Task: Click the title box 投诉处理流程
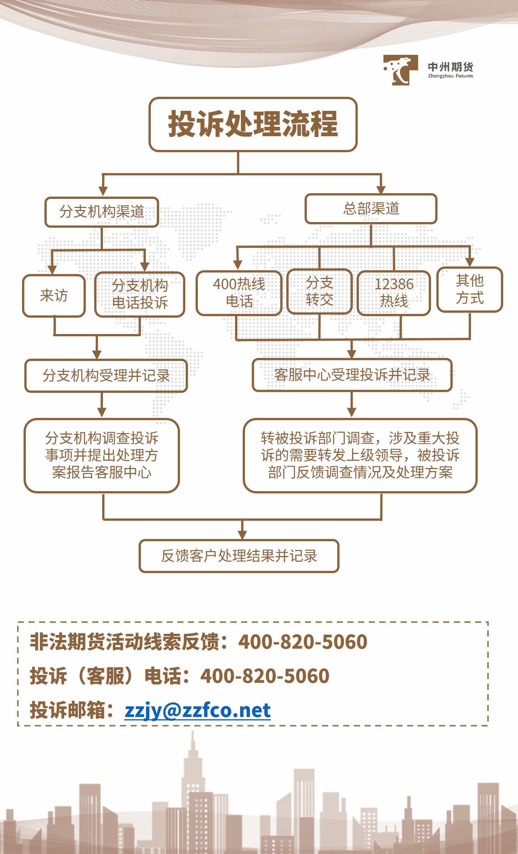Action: click(x=253, y=124)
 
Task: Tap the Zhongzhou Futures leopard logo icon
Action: click(x=400, y=70)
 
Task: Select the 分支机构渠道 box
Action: click(x=101, y=212)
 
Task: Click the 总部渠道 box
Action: click(x=371, y=209)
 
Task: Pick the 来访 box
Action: click(x=54, y=296)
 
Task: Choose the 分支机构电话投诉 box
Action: click(x=140, y=294)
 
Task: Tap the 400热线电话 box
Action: click(x=239, y=293)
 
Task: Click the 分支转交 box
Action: click(x=320, y=291)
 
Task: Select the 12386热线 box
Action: click(x=394, y=293)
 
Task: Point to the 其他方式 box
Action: click(x=470, y=289)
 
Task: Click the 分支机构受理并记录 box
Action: click(x=106, y=376)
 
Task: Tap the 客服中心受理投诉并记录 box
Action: click(x=352, y=375)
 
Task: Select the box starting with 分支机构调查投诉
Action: click(x=102, y=455)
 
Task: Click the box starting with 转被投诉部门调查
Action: click(x=360, y=455)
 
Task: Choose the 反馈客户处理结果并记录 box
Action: click(x=239, y=556)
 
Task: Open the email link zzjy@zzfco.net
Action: click(x=197, y=710)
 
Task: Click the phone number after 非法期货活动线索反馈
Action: click(x=303, y=642)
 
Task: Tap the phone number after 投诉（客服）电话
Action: click(x=265, y=676)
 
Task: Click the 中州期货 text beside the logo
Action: click(x=450, y=67)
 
